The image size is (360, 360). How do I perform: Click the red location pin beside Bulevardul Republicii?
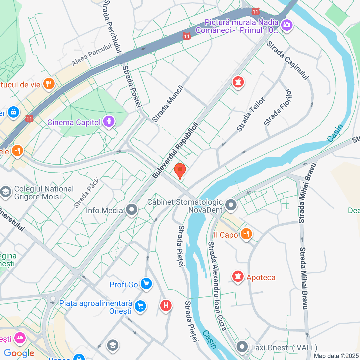point(180,170)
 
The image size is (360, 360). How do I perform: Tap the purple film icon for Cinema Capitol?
point(109,121)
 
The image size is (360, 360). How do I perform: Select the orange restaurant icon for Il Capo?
point(246,234)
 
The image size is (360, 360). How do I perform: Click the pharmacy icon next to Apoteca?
point(238,277)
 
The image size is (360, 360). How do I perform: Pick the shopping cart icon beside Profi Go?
point(146,284)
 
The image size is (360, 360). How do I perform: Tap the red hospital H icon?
point(166,305)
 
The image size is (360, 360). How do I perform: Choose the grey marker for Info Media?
point(131,210)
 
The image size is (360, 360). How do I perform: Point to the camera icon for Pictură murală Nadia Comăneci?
point(287,25)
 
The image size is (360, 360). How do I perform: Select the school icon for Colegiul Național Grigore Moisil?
point(6,192)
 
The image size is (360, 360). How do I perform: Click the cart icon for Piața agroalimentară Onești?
point(140,306)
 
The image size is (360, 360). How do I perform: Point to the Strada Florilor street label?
point(278,108)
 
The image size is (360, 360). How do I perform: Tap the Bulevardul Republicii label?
point(176,150)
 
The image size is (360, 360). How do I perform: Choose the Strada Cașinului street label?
point(288,60)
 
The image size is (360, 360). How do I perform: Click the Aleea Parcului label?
point(92,55)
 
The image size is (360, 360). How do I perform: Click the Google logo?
point(19,353)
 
